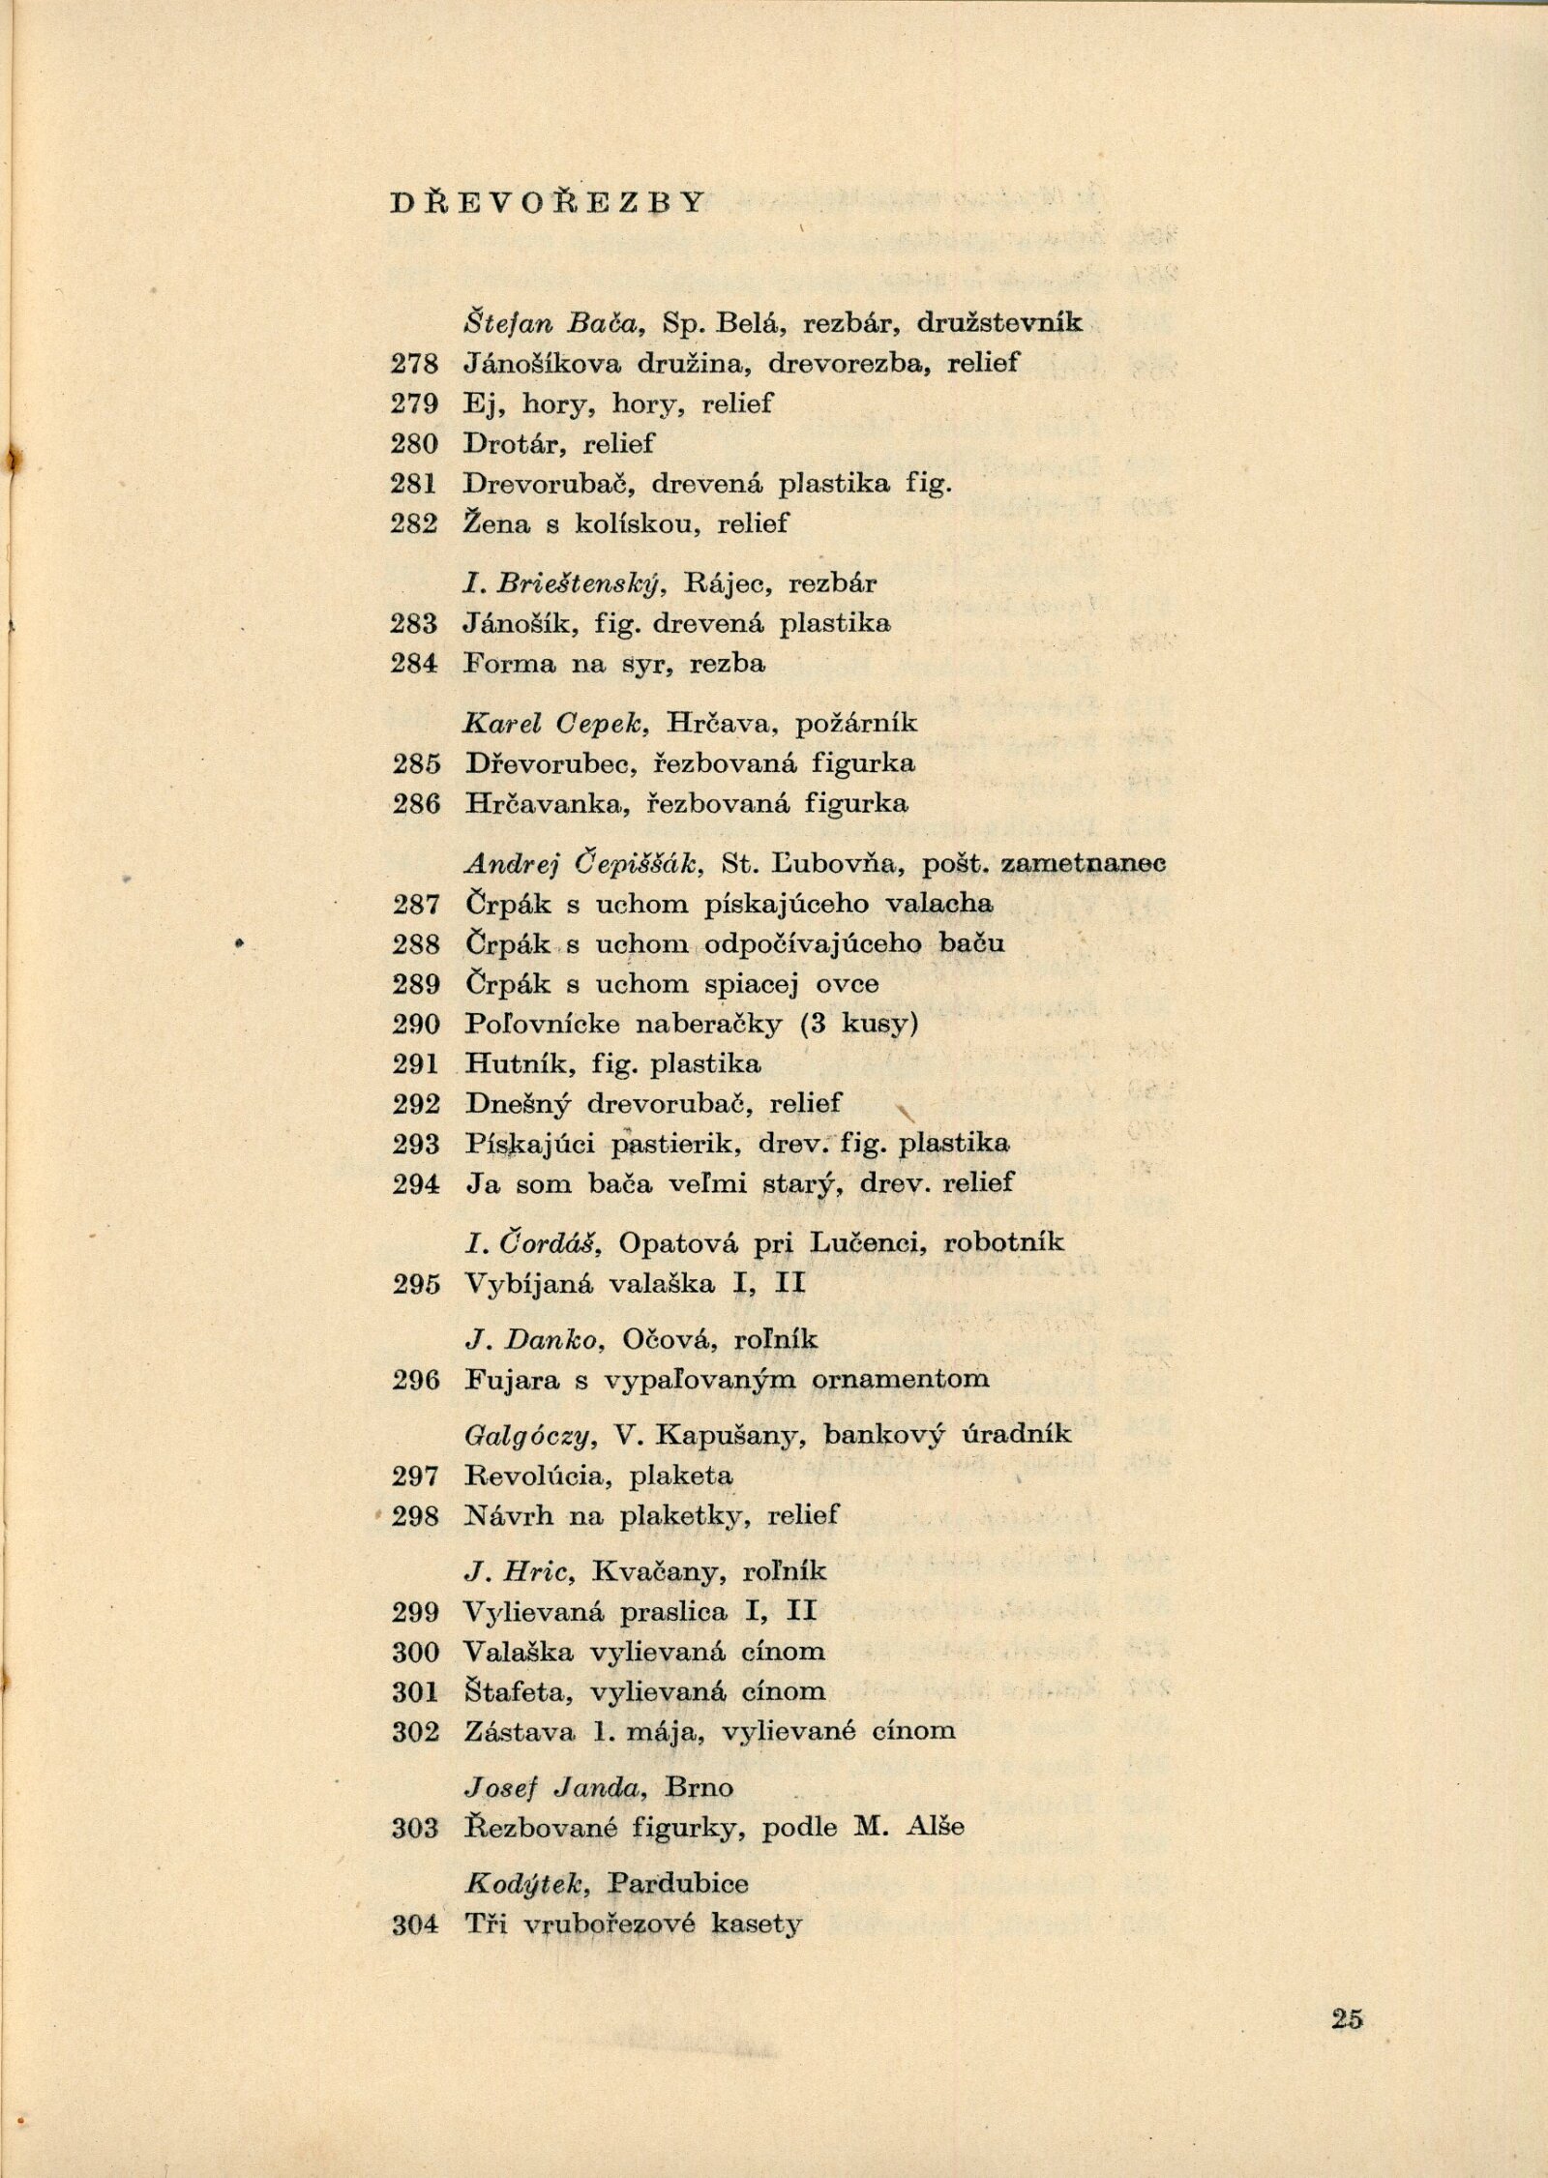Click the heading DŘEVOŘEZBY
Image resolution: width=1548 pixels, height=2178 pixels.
pos(548,202)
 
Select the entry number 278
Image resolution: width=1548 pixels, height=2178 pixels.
pos(415,364)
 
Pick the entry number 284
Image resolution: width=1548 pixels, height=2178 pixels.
pos(415,664)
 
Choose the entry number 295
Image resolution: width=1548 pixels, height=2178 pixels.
pos(416,1284)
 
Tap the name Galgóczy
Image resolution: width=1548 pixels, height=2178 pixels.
pos(527,1436)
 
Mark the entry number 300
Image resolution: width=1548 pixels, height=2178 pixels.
pos(416,1652)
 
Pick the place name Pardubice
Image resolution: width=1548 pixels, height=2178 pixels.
pos(679,1883)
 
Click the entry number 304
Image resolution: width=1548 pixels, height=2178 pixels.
pos(416,1924)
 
